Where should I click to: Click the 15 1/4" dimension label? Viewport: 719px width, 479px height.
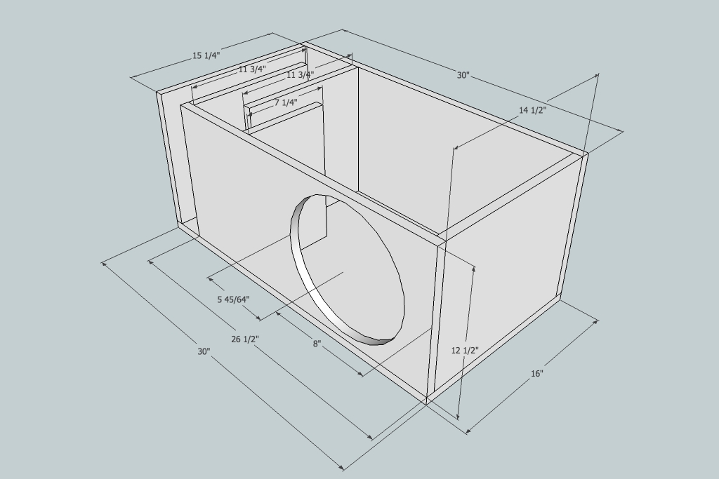tap(206, 55)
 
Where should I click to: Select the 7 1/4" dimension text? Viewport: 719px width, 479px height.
tap(286, 102)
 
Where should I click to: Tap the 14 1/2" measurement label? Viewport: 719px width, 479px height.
tap(532, 110)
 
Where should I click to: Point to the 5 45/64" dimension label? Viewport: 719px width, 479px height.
tap(233, 299)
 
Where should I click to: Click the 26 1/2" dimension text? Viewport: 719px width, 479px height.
tap(245, 339)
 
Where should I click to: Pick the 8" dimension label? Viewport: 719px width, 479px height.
tap(317, 344)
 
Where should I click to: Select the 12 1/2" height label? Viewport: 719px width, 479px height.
tap(465, 351)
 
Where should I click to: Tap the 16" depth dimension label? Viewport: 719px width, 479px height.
tap(537, 374)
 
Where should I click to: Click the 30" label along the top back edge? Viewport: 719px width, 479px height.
tap(463, 75)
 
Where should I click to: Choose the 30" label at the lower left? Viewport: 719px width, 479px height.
tap(204, 351)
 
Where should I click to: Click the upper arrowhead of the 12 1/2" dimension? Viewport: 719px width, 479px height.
tap(474, 269)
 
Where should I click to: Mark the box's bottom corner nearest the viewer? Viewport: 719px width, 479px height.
tap(427, 405)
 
